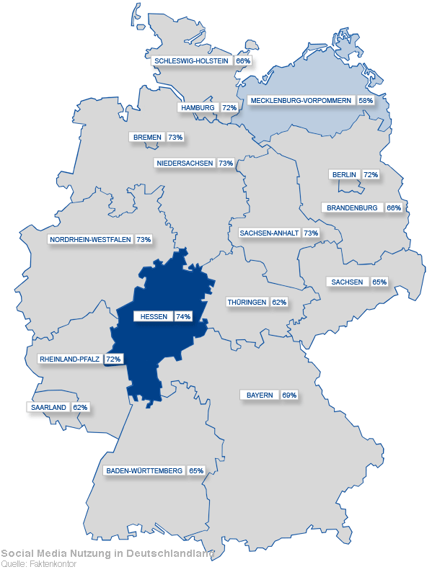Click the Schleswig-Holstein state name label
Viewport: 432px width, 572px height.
[x=191, y=61]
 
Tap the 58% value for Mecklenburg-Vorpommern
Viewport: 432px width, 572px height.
[x=366, y=101]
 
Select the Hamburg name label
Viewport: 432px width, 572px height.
[x=198, y=107]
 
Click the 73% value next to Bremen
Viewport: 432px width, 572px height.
[x=175, y=137]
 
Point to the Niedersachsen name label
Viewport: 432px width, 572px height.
[x=185, y=164]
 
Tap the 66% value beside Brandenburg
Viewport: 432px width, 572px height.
[x=394, y=207]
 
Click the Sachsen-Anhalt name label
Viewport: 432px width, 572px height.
[x=269, y=233]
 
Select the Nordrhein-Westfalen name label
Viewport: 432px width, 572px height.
[x=90, y=239]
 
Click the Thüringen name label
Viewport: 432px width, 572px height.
[x=247, y=302]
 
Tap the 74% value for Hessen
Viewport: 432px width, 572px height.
[x=182, y=316]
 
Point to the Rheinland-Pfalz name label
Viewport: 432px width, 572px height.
[x=70, y=359]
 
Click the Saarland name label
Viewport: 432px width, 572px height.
[x=48, y=407]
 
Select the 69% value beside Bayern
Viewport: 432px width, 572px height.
[x=289, y=396]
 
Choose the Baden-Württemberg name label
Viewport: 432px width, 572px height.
[x=144, y=470]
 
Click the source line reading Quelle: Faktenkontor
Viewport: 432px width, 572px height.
[x=38, y=564]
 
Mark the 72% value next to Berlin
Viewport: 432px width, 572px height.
[x=371, y=174]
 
